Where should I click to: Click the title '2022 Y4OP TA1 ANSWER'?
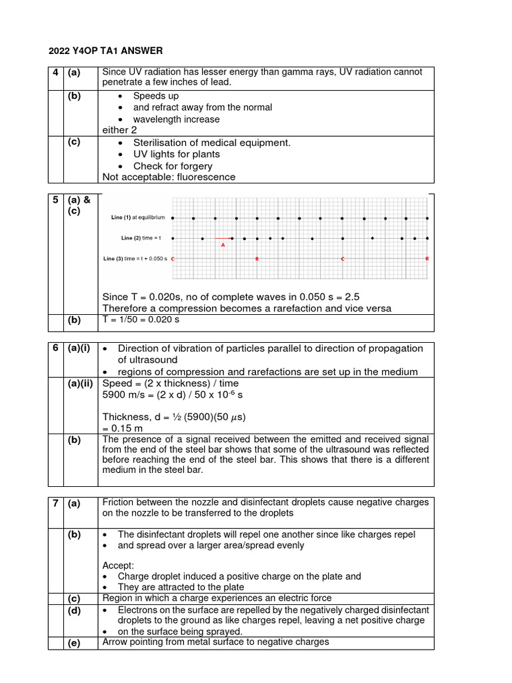(105, 51)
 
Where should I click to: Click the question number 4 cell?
(55, 72)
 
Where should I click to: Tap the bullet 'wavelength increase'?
(176, 119)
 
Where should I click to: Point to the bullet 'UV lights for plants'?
(177, 154)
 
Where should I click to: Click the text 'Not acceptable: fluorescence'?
(169, 177)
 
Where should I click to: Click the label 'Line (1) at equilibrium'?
(138, 218)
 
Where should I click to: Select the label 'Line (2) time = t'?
(141, 238)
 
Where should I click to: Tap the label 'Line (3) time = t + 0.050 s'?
(135, 258)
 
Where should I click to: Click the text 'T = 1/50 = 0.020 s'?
(141, 319)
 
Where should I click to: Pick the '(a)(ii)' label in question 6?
(81, 384)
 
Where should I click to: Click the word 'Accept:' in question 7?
(118, 565)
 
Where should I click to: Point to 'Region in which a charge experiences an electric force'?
(217, 598)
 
